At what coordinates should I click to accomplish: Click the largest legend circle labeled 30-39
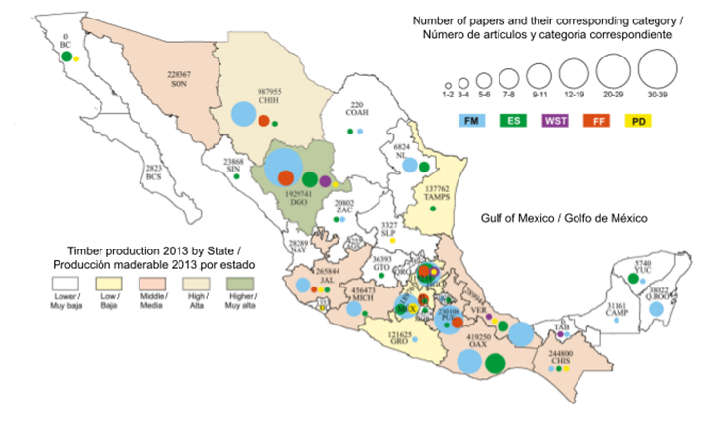coord(656,70)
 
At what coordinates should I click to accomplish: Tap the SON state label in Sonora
coord(179,84)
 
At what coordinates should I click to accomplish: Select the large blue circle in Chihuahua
coord(240,114)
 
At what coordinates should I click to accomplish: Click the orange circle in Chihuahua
coord(263,122)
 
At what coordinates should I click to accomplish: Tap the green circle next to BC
coord(65,57)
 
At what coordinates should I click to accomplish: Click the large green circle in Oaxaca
coord(496,363)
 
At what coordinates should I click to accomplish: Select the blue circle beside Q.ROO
coord(657,309)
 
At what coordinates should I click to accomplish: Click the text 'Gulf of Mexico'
coord(511,221)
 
